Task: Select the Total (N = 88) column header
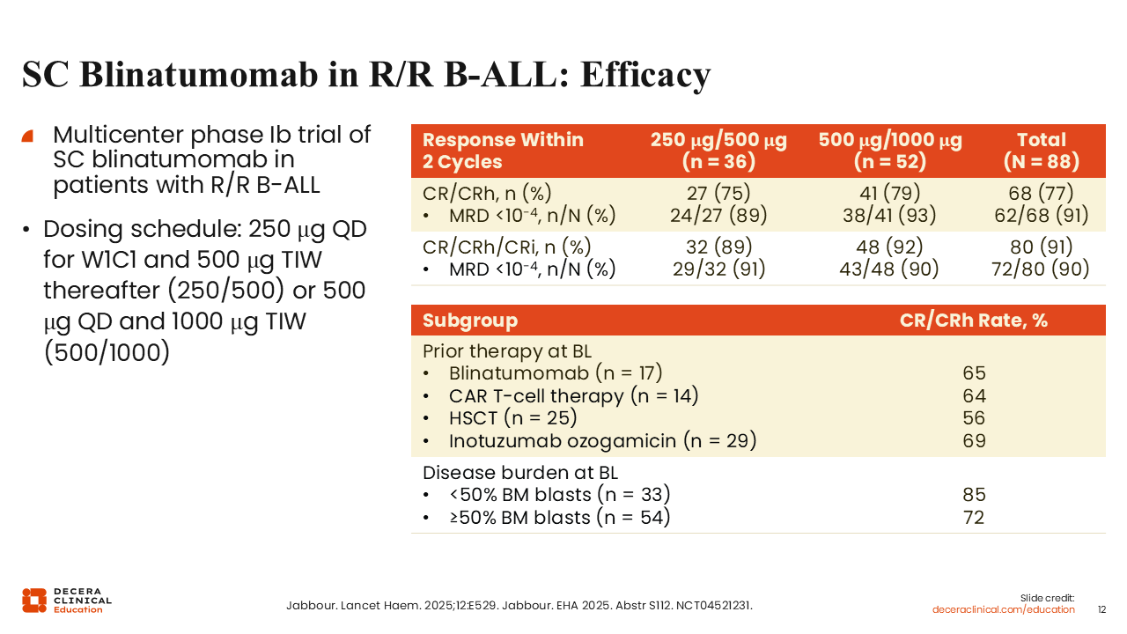(x=1041, y=151)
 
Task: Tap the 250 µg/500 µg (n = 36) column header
(x=718, y=151)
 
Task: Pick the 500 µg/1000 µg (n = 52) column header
(x=889, y=151)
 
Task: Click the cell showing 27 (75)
(x=718, y=193)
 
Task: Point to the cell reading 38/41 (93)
(x=889, y=215)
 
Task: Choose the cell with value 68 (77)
(x=1041, y=193)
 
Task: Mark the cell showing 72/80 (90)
(x=1041, y=269)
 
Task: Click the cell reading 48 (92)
(x=889, y=247)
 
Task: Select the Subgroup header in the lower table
(x=470, y=321)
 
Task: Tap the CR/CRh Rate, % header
(x=973, y=321)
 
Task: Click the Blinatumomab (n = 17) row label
(x=555, y=373)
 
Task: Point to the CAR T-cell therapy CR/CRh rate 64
(x=974, y=396)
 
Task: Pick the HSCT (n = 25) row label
(x=512, y=418)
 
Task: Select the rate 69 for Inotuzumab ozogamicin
(x=974, y=440)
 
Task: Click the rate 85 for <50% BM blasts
(x=974, y=495)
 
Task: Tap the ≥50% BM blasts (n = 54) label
(x=559, y=518)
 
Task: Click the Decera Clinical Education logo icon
(x=34, y=600)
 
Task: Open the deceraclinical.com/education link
(x=1004, y=609)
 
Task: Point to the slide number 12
(x=1102, y=609)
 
